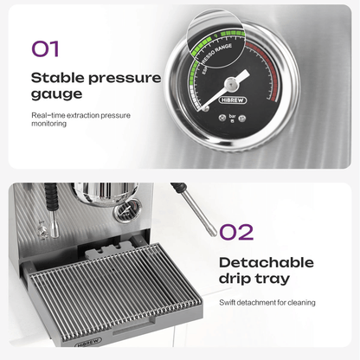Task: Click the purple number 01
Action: pos(45,48)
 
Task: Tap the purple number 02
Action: pos(236,232)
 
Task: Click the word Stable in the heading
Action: pos(57,78)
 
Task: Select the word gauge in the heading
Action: pos(56,94)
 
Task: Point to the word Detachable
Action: pos(267,262)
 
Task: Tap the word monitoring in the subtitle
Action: pos(48,124)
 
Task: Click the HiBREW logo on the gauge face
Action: pos(233,100)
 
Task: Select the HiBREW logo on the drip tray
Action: pos(88,343)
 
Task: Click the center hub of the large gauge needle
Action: pos(231,84)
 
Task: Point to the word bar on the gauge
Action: pos(232,116)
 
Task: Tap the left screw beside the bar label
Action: pos(222,118)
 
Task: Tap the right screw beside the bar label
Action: pos(242,118)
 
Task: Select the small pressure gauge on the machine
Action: pos(127,211)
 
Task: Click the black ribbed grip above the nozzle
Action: pos(51,196)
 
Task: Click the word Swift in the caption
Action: pos(227,303)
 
